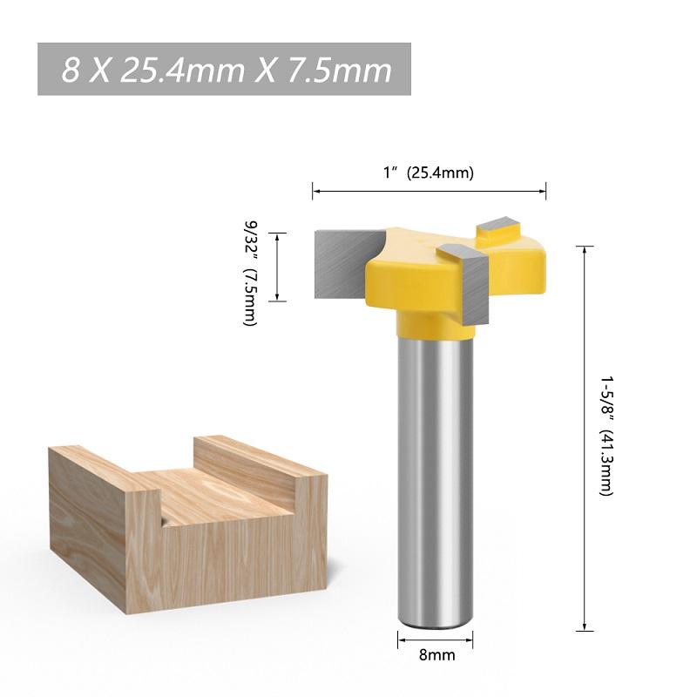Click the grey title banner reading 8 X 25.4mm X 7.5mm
point(224,70)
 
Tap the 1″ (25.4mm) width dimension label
point(429,173)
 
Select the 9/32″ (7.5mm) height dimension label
point(251,272)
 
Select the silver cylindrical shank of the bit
point(436,479)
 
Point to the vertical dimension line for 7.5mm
point(277,267)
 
